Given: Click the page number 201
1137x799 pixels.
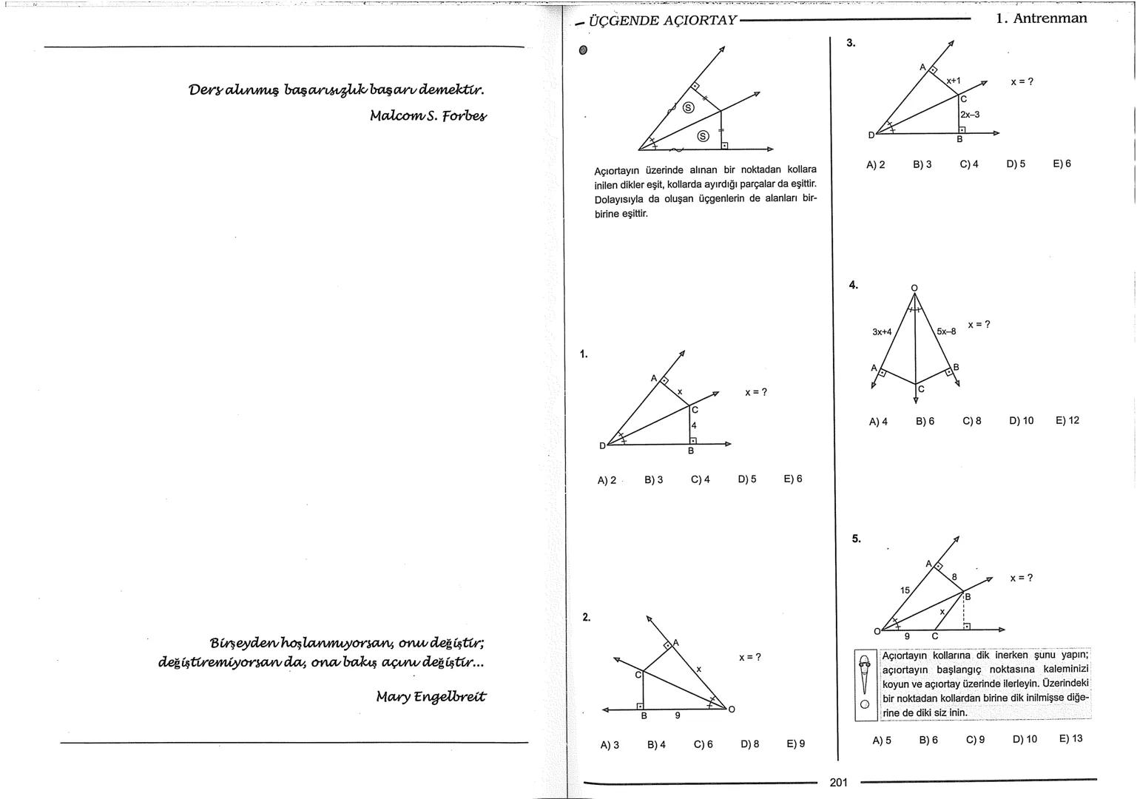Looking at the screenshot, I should coord(838,782).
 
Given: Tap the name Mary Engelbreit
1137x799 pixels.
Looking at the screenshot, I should coord(431,696).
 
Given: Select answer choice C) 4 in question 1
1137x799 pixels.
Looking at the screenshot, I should coord(700,479).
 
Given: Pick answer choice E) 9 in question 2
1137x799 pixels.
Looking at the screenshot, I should coord(795,744).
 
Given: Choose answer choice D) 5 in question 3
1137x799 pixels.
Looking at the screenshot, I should coord(1016,164).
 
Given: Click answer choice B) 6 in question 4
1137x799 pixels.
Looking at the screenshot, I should coord(925,421).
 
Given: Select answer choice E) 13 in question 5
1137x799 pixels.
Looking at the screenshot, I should coord(1070,738).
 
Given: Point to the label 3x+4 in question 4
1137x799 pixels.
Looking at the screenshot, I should coord(882,332).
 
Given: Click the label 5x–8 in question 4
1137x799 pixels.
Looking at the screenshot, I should coord(946,331).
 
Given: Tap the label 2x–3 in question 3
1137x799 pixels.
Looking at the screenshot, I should coord(969,115).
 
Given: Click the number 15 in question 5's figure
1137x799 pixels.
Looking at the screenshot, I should coord(905,590).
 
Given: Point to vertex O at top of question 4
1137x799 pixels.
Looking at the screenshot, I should coord(914,288).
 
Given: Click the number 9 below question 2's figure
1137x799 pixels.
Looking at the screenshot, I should coord(677,715).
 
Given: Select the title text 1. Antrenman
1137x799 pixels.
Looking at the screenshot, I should coord(1041,18).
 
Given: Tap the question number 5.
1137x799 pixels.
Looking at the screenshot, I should coord(856,539).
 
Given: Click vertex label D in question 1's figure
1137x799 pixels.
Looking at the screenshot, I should coord(602,445).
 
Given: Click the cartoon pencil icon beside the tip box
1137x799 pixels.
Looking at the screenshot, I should coord(865,684).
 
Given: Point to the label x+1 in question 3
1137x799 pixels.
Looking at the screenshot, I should coord(953,81).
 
